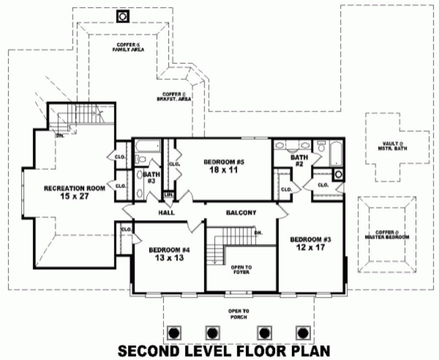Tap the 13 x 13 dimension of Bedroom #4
click(x=169, y=258)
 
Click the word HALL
click(x=167, y=213)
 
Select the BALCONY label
click(x=241, y=213)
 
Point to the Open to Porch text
click(x=239, y=313)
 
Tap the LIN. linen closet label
click(x=168, y=194)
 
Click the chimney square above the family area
click(x=123, y=17)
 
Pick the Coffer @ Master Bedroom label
click(x=387, y=235)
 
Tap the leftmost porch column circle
click(x=174, y=332)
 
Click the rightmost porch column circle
click(x=302, y=332)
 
